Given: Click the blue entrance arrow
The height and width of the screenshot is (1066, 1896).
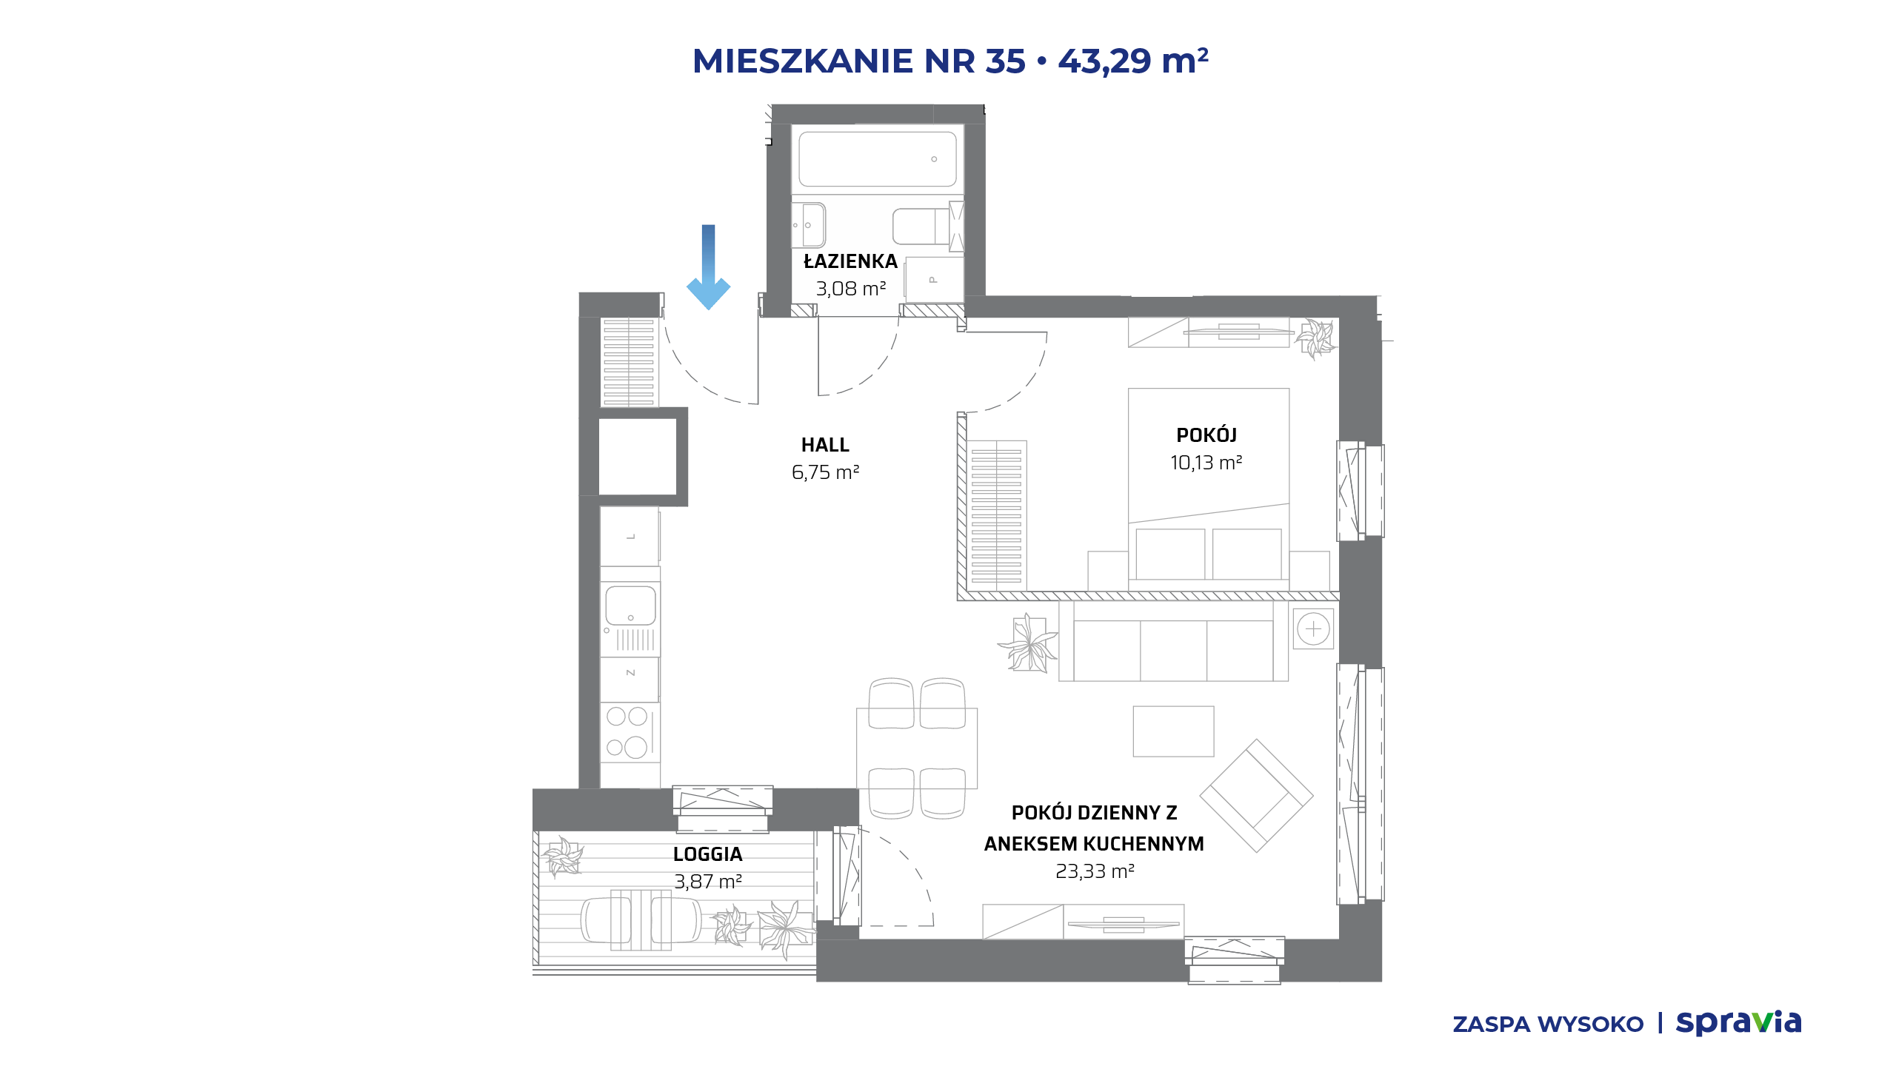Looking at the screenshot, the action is (x=708, y=267).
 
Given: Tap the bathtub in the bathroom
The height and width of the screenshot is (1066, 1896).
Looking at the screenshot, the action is (x=877, y=159).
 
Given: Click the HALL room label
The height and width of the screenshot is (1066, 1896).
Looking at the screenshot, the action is (x=825, y=445).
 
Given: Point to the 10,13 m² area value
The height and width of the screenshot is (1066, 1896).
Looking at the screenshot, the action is (x=1206, y=463).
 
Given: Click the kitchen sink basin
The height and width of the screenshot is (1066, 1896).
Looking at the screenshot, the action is (x=630, y=606).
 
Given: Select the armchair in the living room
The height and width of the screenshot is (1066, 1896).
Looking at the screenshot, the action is (x=1256, y=796).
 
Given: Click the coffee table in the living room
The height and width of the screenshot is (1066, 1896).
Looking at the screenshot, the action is (x=1173, y=731).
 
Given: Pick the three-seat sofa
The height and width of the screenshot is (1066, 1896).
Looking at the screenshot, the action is (x=1173, y=640).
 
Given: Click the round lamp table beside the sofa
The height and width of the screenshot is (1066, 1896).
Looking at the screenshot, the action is (x=1313, y=629).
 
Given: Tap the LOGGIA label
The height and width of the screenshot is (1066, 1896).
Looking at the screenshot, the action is (x=707, y=854).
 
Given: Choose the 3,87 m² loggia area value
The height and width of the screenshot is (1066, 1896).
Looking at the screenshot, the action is (x=708, y=882).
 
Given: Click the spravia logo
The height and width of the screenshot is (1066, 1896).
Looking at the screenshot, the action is (x=1738, y=1023).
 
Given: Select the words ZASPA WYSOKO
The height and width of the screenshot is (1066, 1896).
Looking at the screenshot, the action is (x=1548, y=1025).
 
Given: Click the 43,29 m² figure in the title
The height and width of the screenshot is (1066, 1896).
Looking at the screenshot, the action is (x=1133, y=61).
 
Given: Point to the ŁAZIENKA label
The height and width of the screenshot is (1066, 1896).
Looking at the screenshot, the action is (x=850, y=261).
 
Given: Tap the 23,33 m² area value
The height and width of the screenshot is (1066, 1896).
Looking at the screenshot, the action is (x=1095, y=871).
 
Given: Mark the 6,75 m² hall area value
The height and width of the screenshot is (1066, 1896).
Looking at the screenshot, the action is (x=825, y=472).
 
